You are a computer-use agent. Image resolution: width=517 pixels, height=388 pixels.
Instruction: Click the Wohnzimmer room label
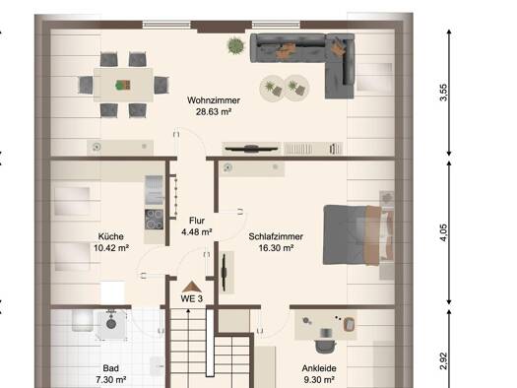click(x=214, y=100)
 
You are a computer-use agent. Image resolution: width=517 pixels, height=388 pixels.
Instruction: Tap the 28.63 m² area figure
click(x=214, y=111)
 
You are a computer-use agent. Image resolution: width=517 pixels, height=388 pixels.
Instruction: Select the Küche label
click(x=111, y=236)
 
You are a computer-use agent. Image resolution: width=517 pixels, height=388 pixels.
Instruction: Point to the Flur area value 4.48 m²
click(x=197, y=232)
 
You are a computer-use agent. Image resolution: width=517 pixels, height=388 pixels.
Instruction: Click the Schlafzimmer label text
click(x=276, y=236)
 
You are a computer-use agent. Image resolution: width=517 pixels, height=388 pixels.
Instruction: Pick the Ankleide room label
click(x=319, y=368)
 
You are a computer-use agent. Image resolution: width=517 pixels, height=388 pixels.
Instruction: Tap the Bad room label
click(x=110, y=368)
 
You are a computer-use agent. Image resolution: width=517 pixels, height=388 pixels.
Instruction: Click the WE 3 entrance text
click(x=192, y=298)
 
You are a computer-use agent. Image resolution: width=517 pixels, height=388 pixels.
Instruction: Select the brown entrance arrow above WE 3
click(x=192, y=287)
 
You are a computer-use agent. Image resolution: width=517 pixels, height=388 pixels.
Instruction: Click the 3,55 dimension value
click(x=444, y=93)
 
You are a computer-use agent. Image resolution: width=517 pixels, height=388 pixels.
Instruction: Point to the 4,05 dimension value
click(x=444, y=232)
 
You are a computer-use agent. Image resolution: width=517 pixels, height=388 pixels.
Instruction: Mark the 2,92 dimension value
click(x=444, y=361)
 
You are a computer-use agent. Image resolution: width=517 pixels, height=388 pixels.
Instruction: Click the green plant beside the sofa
click(x=235, y=45)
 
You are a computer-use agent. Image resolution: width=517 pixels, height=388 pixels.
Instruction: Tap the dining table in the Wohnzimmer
click(x=123, y=85)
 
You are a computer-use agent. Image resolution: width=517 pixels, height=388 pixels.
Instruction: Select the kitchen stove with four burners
click(x=154, y=220)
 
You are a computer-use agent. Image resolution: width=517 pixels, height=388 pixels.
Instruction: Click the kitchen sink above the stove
click(x=154, y=189)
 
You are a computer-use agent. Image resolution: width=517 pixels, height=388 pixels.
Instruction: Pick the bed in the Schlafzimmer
click(x=358, y=234)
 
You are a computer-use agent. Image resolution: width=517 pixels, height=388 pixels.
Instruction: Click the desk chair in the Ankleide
click(x=325, y=346)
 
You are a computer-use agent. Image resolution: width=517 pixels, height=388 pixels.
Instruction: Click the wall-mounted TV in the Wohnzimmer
click(x=251, y=149)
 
